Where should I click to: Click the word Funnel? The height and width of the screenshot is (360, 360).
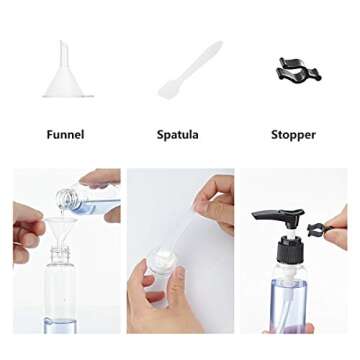(x=64, y=134)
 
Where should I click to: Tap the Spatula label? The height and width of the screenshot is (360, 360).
(x=177, y=134)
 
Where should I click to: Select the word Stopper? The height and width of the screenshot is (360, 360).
(x=293, y=134)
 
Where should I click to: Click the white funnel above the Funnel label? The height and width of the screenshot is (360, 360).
(x=67, y=75)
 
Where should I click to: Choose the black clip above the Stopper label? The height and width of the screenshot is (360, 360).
(x=297, y=69)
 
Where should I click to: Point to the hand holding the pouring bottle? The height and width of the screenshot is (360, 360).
(x=104, y=180)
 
